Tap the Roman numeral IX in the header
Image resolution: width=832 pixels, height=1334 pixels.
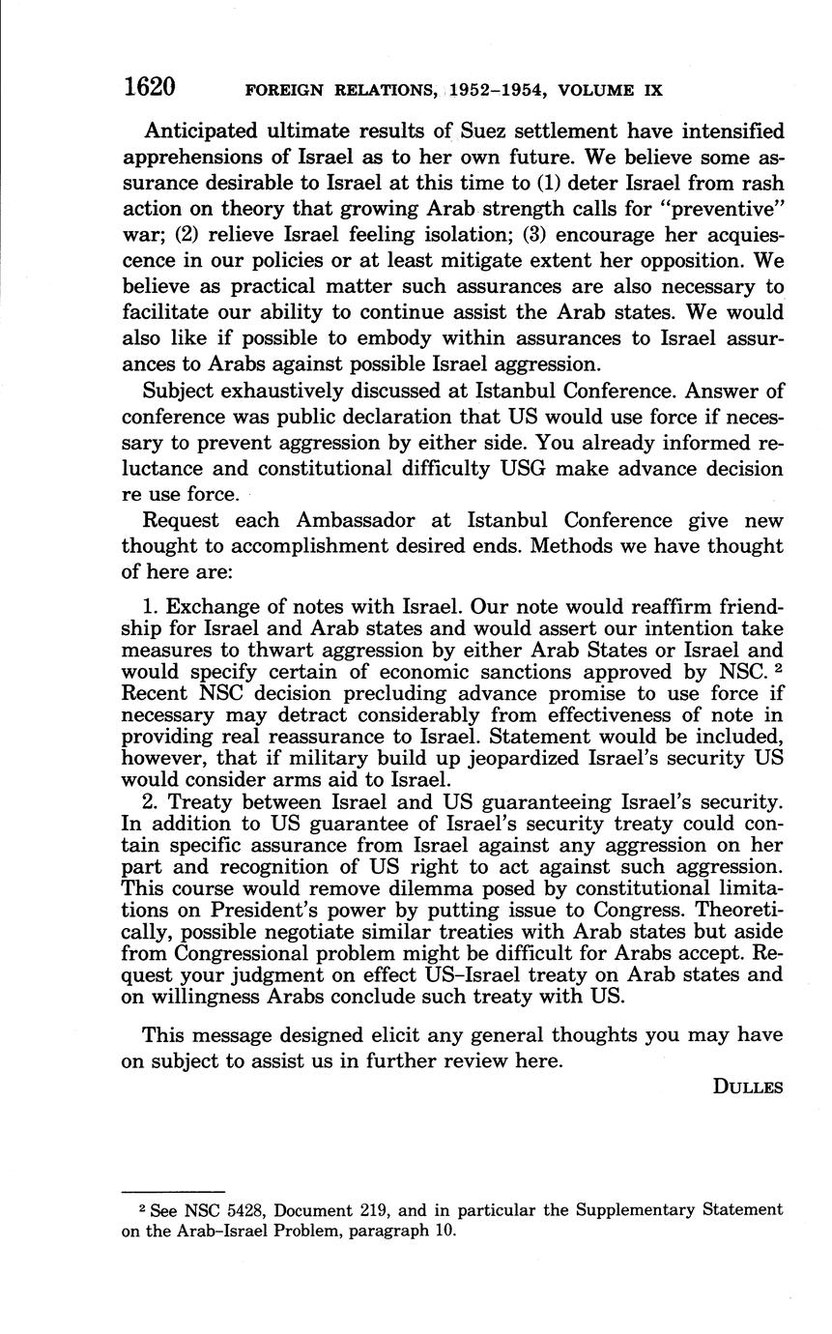pos(652,91)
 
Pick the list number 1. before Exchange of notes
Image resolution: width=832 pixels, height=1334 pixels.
pos(151,607)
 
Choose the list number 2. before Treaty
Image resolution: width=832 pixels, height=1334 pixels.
pos(151,801)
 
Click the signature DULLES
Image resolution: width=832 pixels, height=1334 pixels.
pos(747,1087)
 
